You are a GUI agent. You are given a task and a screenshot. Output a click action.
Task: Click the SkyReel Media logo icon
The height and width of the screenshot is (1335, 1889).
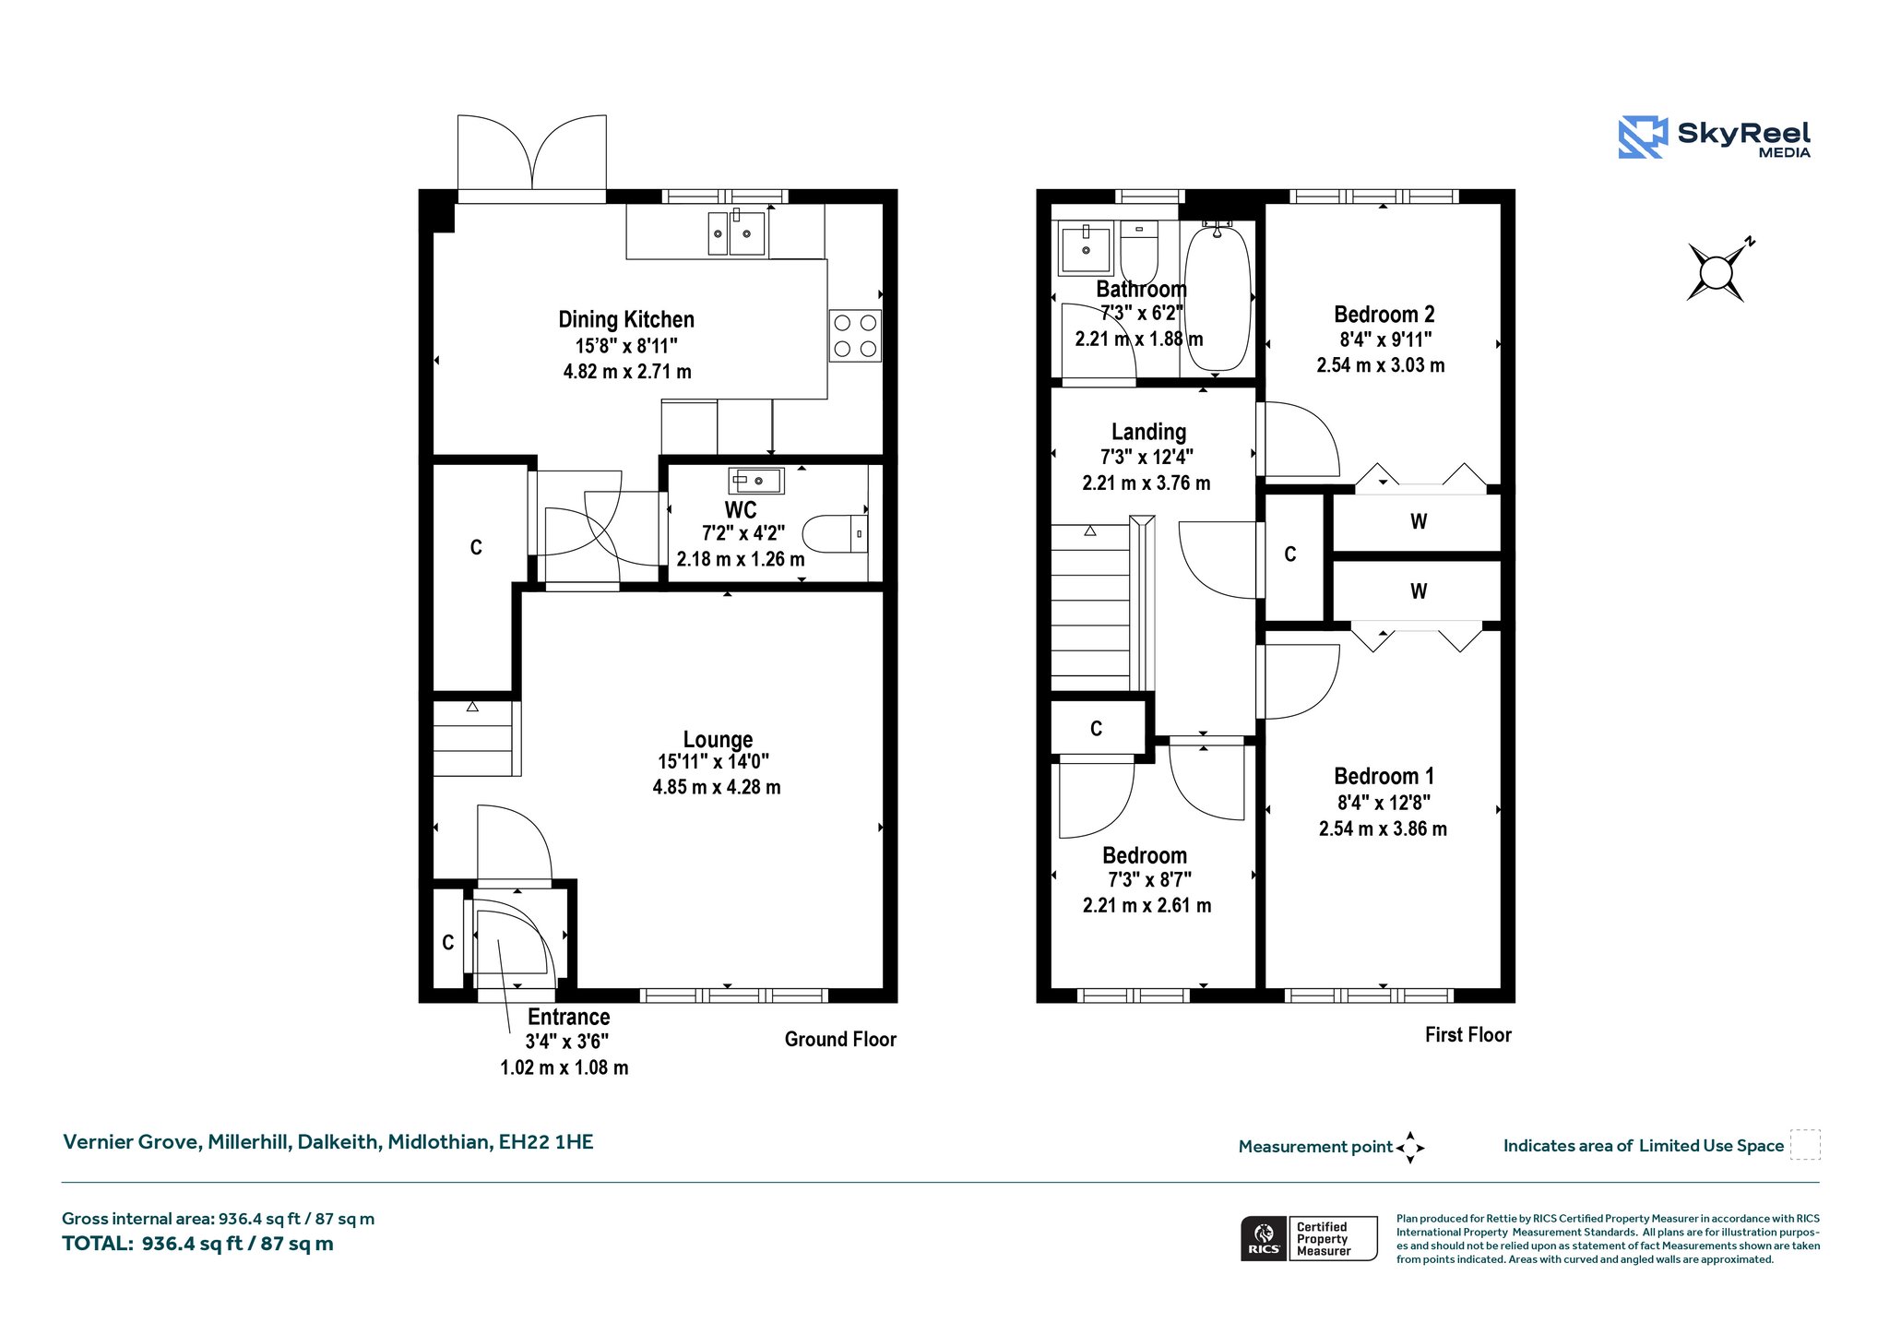point(1643,137)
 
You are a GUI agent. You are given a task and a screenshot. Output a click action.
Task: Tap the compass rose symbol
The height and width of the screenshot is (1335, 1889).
point(1717,272)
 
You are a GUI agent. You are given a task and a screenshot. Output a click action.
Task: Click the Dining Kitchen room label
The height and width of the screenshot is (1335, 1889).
point(626,319)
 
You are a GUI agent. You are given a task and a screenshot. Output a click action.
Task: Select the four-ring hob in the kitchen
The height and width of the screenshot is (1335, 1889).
point(855,336)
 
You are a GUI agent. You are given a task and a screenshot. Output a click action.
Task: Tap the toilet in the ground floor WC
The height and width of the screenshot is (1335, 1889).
point(835,533)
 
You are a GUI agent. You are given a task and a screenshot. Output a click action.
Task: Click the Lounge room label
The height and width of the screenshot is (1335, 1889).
point(718,739)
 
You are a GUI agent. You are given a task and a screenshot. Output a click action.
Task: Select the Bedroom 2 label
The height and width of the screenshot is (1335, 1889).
point(1384,315)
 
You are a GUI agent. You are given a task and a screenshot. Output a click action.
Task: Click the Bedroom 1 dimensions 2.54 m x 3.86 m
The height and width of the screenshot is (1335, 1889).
point(1383,828)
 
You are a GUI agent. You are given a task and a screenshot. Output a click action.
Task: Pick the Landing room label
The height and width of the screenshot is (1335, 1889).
point(1148,432)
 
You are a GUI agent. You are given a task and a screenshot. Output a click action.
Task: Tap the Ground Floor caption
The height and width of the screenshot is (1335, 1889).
point(840,1040)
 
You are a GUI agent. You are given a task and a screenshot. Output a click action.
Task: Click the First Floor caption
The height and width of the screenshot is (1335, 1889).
point(1467,1035)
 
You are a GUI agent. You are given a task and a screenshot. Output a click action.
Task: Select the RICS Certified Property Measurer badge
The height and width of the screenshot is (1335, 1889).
point(1309,1238)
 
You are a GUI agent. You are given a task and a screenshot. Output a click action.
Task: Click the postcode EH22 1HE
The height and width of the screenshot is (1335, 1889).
point(546,1142)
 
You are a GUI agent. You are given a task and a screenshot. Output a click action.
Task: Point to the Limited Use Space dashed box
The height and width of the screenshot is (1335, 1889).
point(1805,1145)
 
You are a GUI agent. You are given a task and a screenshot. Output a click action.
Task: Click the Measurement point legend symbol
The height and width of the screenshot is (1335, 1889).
point(1410,1148)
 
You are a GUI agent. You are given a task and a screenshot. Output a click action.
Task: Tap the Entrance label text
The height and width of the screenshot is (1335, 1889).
point(568,1017)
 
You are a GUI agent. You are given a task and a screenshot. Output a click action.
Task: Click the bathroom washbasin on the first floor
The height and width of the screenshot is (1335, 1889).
point(1086,248)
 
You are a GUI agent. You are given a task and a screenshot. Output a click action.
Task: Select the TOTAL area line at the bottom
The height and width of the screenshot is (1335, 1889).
point(197,1244)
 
